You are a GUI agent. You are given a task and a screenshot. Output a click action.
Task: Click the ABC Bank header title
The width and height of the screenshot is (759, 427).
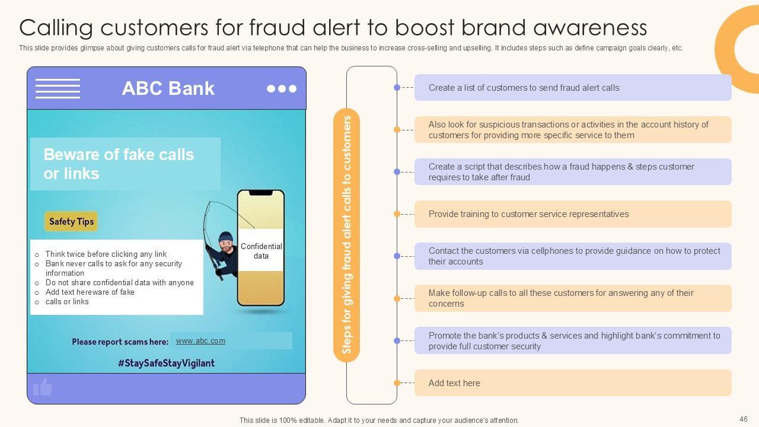pyautogui.click(x=168, y=88)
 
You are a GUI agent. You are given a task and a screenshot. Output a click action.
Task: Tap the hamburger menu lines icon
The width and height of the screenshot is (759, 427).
pyautogui.click(x=58, y=88)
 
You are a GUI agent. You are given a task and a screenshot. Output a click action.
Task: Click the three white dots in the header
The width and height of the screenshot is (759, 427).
pyautogui.click(x=281, y=88)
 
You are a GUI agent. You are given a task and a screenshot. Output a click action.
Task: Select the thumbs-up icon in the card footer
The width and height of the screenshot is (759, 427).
pyautogui.click(x=43, y=387)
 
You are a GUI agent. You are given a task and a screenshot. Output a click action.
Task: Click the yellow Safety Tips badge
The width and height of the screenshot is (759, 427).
pyautogui.click(x=71, y=221)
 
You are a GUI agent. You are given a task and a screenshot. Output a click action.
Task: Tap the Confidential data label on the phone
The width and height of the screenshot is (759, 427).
pyautogui.click(x=261, y=251)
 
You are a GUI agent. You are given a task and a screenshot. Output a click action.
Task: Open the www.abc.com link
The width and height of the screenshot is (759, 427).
pyautogui.click(x=200, y=341)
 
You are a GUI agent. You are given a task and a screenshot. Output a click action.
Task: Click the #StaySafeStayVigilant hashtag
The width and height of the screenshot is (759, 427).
pyautogui.click(x=166, y=362)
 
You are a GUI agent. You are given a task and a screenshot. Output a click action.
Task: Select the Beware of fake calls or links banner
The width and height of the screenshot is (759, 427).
pyautogui.click(x=125, y=164)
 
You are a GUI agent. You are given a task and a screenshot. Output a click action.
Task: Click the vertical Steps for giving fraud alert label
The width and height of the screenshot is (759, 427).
pyautogui.click(x=347, y=235)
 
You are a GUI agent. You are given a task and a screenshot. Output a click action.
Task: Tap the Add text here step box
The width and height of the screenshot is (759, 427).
pyautogui.click(x=572, y=383)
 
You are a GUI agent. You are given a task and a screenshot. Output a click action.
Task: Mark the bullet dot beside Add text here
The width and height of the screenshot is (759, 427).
pyautogui.click(x=397, y=383)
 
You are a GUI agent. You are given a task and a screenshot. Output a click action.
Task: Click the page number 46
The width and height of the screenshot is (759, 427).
pyautogui.click(x=743, y=419)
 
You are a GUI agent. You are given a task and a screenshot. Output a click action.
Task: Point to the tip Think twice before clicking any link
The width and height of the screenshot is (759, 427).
pyautogui.click(x=106, y=254)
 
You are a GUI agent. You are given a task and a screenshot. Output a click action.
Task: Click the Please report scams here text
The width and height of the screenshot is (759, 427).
pyautogui.click(x=120, y=342)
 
